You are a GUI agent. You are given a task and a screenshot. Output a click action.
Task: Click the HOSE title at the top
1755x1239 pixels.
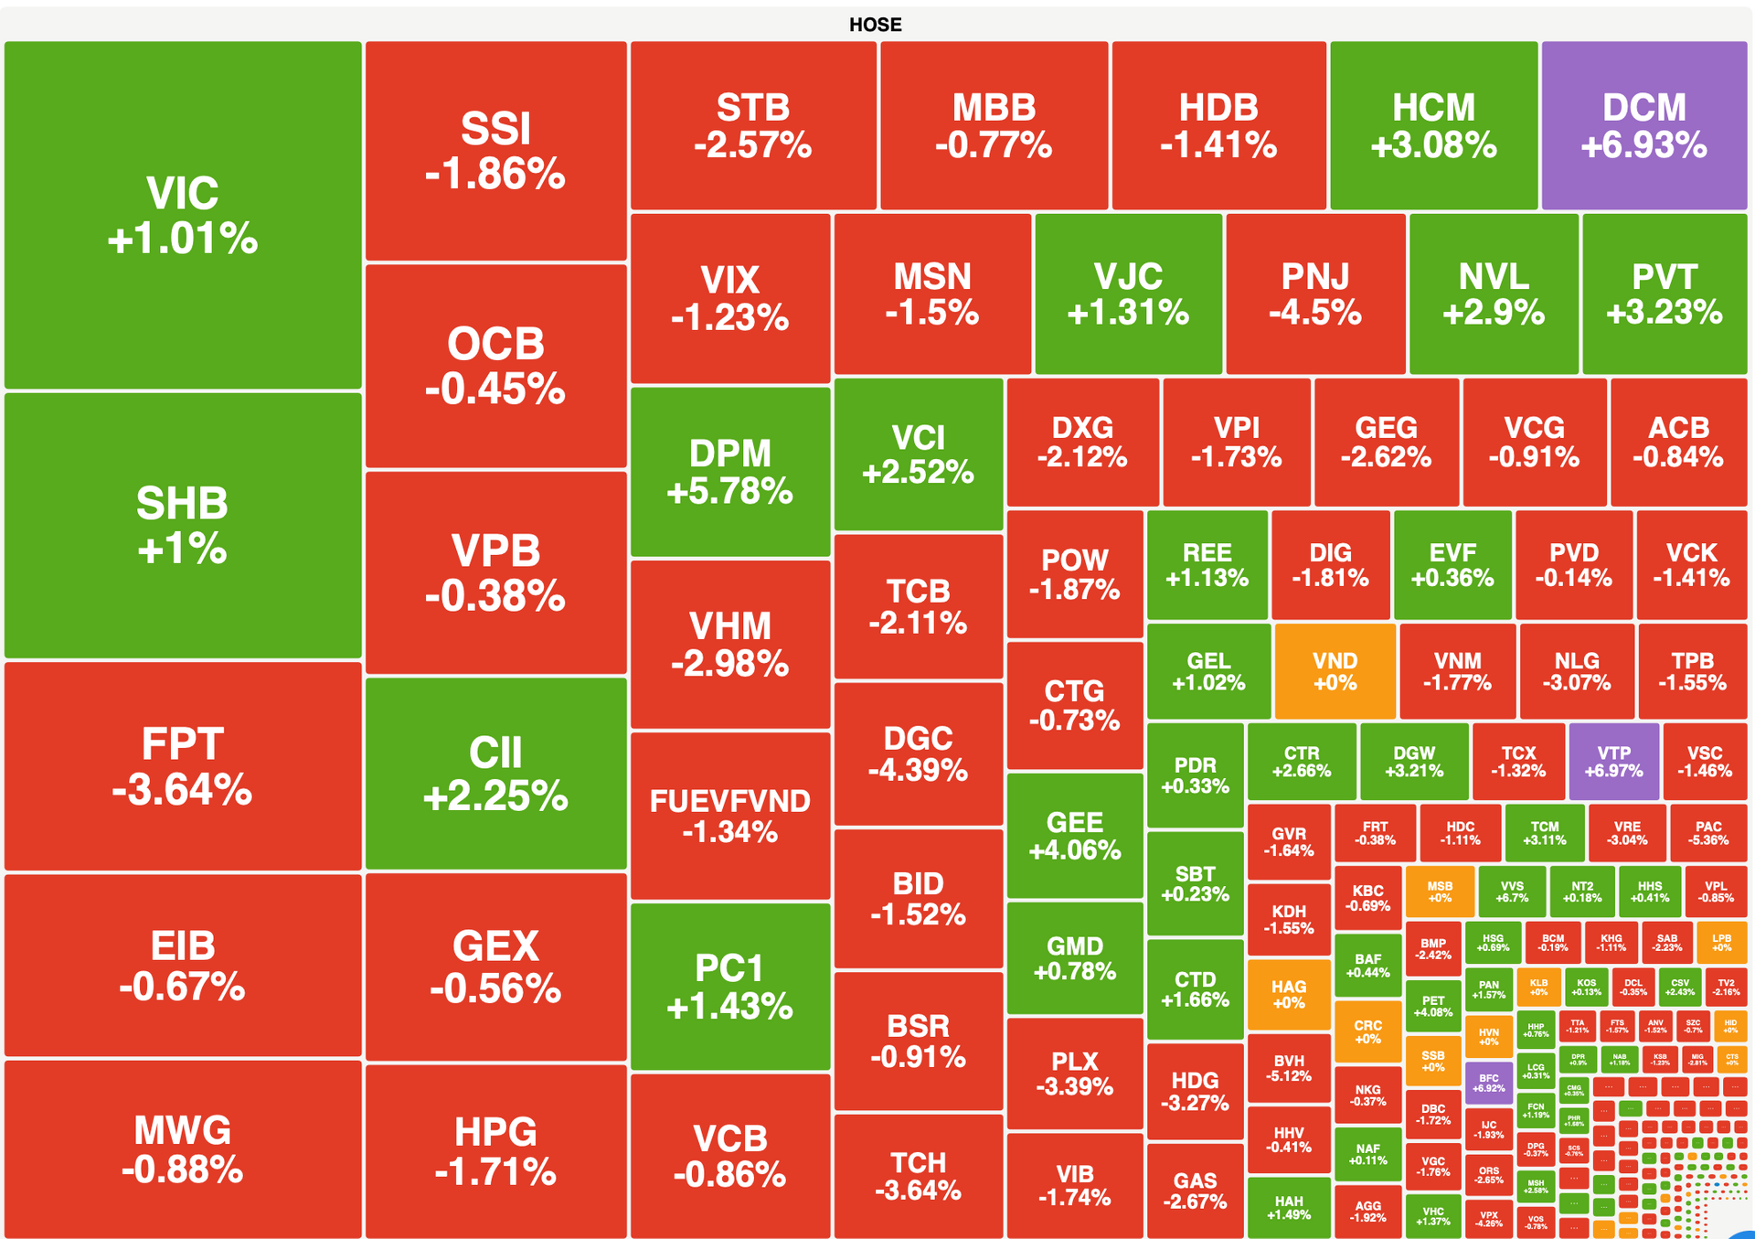coord(875,25)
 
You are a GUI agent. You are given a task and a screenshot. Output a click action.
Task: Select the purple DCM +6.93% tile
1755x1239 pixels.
coord(1643,125)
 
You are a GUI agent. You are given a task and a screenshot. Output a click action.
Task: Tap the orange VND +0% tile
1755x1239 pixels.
coord(1335,671)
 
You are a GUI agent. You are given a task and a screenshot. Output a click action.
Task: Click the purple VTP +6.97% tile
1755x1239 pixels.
coord(1613,761)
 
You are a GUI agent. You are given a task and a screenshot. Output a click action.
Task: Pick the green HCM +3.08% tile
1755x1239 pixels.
coord(1433,125)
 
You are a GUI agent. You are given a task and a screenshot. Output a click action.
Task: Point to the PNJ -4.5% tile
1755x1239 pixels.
coord(1315,294)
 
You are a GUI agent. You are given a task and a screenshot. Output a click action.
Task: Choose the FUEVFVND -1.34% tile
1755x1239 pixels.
coord(729,815)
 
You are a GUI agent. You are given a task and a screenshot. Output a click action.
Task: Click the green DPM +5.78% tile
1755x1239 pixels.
coord(729,472)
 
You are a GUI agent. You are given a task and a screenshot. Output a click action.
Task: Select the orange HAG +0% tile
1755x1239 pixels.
coord(1288,993)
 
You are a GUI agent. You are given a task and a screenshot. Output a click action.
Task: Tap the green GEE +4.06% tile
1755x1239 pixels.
coord(1074,836)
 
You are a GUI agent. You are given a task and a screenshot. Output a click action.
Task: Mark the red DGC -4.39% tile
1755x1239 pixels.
coord(918,753)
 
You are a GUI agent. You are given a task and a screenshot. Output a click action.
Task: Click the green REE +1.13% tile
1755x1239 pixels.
coord(1207,564)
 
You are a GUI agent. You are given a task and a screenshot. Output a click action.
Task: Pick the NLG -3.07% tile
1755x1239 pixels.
coord(1577,671)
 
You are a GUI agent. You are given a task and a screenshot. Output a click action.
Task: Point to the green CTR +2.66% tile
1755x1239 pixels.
coord(1301,761)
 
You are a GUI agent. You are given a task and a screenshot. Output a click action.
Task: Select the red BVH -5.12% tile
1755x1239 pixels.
coord(1288,1068)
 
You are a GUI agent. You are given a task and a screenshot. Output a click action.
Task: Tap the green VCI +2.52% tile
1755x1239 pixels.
coord(918,454)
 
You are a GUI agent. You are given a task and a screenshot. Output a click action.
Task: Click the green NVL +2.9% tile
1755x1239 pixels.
coord(1494,294)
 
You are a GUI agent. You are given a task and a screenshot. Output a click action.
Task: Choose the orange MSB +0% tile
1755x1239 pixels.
coord(1440,892)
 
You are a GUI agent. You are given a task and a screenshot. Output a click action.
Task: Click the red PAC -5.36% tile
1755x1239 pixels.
coord(1707,832)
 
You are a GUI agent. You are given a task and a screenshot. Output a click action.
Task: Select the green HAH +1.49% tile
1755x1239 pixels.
coord(1288,1207)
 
